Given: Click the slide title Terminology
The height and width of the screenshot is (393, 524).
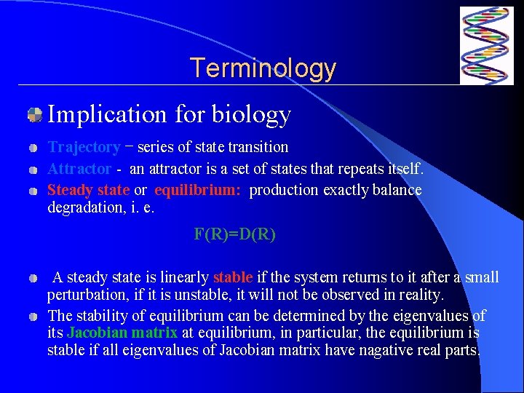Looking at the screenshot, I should (x=263, y=68).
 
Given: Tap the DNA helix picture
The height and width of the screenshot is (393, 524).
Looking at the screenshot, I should (x=486, y=46).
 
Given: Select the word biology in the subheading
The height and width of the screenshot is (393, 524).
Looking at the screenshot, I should (x=251, y=114).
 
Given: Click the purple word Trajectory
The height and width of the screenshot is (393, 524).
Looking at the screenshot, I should (x=84, y=147).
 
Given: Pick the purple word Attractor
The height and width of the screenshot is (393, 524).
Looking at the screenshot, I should (x=79, y=169).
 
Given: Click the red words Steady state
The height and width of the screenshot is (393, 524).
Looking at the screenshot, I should (x=88, y=190).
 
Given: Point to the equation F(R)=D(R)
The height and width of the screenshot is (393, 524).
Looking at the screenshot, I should (x=234, y=234).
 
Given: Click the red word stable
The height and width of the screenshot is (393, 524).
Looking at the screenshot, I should (x=232, y=277).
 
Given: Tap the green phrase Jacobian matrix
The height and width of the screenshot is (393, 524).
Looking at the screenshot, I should (x=122, y=333).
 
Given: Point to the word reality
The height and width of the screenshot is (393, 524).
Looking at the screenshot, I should (x=421, y=295).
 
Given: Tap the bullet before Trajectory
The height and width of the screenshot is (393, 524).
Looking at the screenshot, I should (x=33, y=148).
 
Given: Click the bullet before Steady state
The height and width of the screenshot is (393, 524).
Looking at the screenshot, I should (x=33, y=191).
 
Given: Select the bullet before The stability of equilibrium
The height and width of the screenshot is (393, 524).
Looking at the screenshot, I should (x=33, y=317).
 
